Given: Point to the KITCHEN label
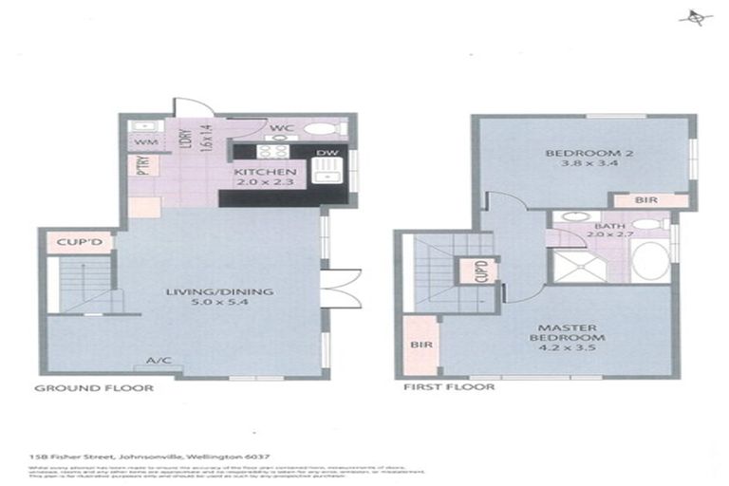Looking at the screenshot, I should pyautogui.click(x=256, y=171).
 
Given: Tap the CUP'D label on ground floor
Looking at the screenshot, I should pyautogui.click(x=79, y=243).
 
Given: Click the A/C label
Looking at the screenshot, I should pyautogui.click(x=158, y=361).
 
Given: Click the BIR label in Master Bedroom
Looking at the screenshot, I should pyautogui.click(x=419, y=344).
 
